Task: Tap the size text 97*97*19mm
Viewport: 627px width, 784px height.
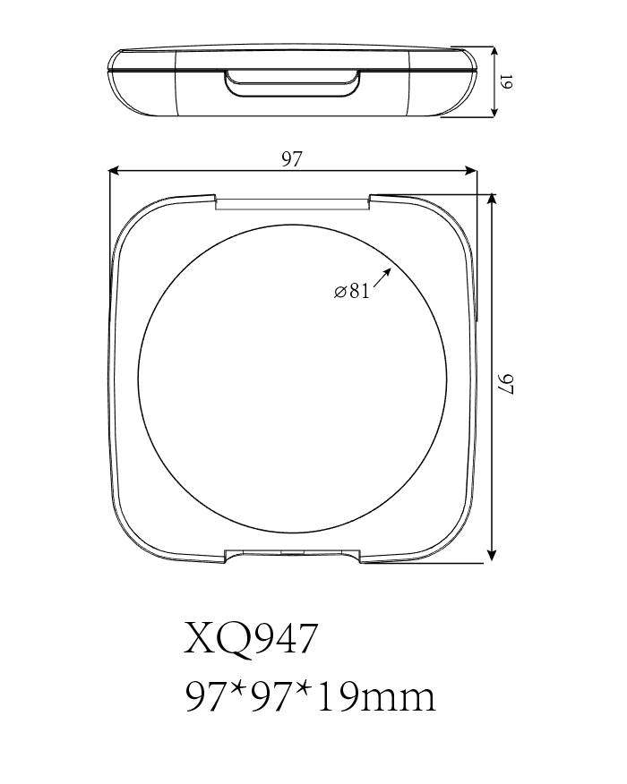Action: (x=310, y=695)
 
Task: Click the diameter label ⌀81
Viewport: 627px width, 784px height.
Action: (x=352, y=291)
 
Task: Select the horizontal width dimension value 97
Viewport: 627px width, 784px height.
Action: (x=292, y=159)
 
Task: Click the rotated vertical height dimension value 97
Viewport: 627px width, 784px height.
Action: (x=507, y=385)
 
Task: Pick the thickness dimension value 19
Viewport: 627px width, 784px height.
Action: (x=506, y=82)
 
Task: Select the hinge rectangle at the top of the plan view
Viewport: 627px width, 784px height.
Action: (x=293, y=203)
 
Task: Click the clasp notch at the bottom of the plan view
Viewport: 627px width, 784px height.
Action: (x=292, y=555)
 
